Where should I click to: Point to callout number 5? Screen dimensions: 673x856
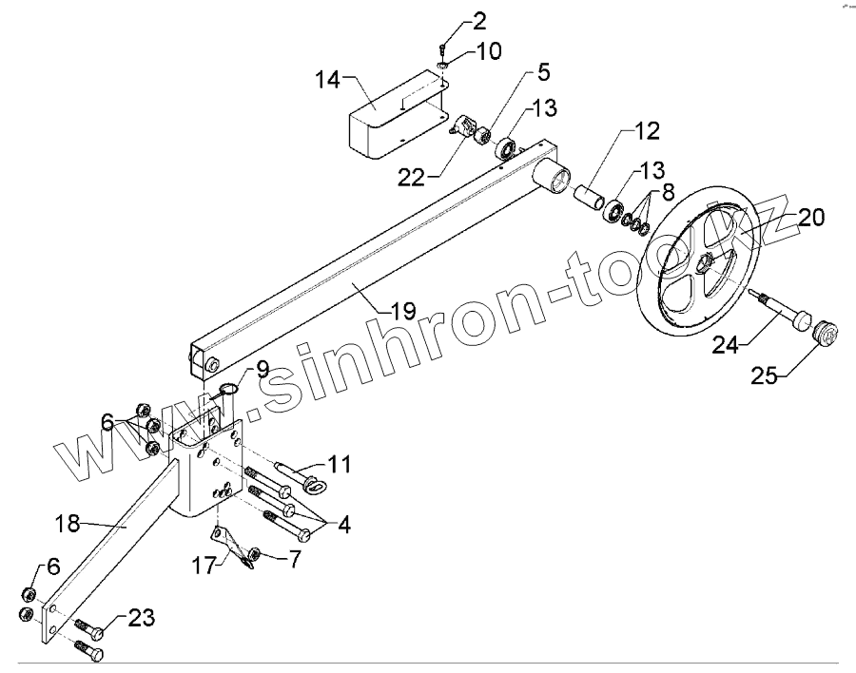(x=543, y=72)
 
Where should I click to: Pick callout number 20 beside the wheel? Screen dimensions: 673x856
(x=811, y=218)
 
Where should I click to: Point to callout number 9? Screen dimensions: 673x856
(x=263, y=368)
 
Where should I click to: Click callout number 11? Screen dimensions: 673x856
(x=340, y=465)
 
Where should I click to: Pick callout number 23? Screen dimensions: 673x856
(x=141, y=618)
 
